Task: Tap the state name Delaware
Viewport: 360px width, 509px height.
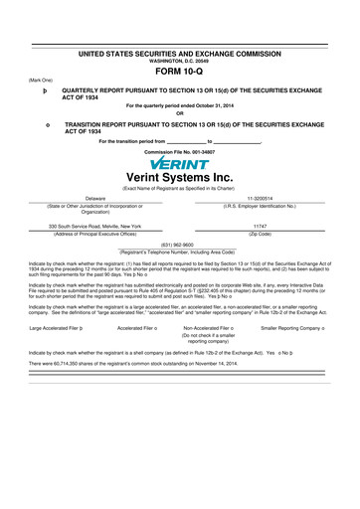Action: click(x=95, y=199)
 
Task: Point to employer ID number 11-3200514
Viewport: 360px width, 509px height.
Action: click(x=262, y=199)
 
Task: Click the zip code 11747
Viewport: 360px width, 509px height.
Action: click(x=262, y=226)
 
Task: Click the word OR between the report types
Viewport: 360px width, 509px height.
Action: click(x=180, y=112)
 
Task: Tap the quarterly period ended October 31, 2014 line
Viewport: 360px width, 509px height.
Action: click(x=180, y=104)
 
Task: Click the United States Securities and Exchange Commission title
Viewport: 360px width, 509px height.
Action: click(x=180, y=52)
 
